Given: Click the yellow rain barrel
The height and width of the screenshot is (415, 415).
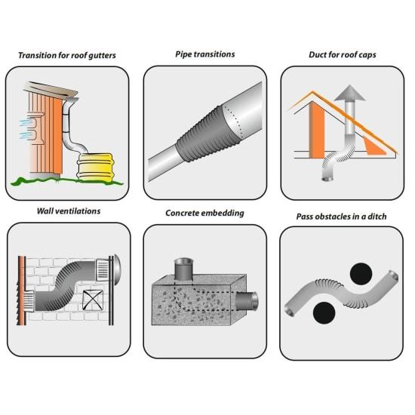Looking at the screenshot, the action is tap(95, 167).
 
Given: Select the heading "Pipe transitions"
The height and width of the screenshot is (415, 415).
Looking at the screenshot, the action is tap(205, 54).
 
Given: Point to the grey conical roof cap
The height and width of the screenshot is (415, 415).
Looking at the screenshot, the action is tap(349, 93).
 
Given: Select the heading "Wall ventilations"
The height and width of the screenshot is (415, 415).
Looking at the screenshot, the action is tap(69, 211).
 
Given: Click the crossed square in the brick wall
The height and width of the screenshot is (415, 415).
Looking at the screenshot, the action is tap(93, 300).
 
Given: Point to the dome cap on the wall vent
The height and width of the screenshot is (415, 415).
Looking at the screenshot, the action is tap(118, 270).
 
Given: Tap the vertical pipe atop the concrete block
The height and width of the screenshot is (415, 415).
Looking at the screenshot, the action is tap(183, 269).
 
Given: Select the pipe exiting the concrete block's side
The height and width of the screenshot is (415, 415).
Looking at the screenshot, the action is tap(247, 301).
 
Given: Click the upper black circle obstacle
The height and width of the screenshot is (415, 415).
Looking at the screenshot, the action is tap(361, 274).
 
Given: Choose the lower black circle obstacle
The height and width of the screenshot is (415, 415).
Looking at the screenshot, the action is tap(324, 313).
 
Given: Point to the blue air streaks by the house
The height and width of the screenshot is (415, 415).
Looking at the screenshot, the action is tap(26, 129).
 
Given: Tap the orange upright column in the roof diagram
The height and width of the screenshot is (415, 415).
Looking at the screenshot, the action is tap(317, 130).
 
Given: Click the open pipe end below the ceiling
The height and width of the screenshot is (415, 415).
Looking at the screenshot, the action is tap(328, 179).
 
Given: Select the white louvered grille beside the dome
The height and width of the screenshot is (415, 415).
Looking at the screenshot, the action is tap(102, 270).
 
